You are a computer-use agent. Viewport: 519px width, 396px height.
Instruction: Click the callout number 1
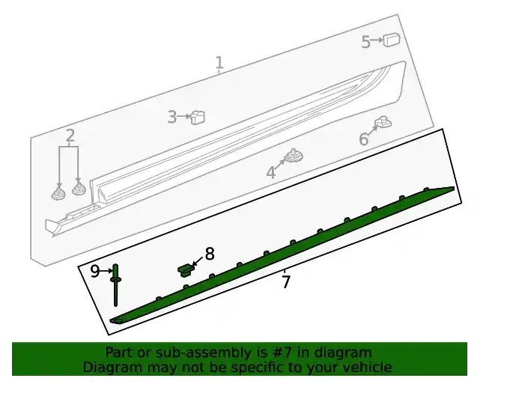[x=219, y=63]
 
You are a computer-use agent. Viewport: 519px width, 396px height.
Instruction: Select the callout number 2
[x=70, y=135]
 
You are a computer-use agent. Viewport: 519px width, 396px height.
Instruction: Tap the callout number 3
[x=172, y=117]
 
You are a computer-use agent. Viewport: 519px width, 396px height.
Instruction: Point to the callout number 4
[x=271, y=172]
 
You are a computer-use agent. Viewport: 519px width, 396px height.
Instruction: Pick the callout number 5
[x=365, y=42]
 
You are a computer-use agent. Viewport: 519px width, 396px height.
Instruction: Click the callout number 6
[x=363, y=139]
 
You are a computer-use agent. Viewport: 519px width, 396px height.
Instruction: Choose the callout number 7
[x=286, y=282]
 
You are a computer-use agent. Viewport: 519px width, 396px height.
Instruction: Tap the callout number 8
[x=210, y=254]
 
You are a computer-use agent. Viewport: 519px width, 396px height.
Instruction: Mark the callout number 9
[x=94, y=271]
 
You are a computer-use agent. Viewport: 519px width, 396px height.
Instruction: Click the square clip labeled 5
[x=391, y=40]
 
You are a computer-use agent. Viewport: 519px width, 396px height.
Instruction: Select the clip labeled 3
[x=198, y=117]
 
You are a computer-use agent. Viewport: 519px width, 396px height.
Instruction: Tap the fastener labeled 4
[x=294, y=156]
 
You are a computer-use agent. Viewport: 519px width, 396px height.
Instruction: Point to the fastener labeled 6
[x=383, y=123]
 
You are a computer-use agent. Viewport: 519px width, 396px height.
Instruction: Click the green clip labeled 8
[x=186, y=269]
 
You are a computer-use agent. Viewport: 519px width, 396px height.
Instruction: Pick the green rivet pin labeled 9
[x=115, y=285]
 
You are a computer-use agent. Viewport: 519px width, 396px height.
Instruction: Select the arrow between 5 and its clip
[x=377, y=40]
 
